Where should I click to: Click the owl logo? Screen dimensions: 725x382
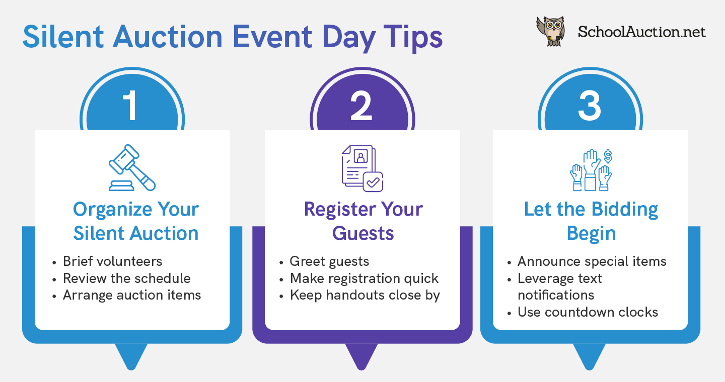click(551, 31)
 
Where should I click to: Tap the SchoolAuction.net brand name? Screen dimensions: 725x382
click(641, 32)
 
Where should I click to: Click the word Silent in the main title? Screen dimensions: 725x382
click(63, 37)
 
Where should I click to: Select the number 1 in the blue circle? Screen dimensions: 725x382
click(131, 106)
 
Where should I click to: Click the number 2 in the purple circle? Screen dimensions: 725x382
click(361, 106)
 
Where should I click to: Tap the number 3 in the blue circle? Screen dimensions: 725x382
click(590, 106)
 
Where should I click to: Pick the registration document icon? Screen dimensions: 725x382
click(362, 168)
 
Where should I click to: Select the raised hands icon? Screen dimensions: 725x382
click(591, 170)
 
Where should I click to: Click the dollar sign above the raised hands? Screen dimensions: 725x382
click(608, 156)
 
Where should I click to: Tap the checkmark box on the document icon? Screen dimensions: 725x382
click(373, 181)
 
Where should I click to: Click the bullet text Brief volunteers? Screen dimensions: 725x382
click(112, 261)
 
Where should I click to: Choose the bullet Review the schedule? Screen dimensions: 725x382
click(126, 278)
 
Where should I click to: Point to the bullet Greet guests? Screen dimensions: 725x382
click(329, 262)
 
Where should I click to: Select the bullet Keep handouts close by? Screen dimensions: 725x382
click(365, 296)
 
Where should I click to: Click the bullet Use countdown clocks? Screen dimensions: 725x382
click(588, 312)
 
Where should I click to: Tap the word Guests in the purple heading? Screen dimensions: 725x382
click(363, 233)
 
